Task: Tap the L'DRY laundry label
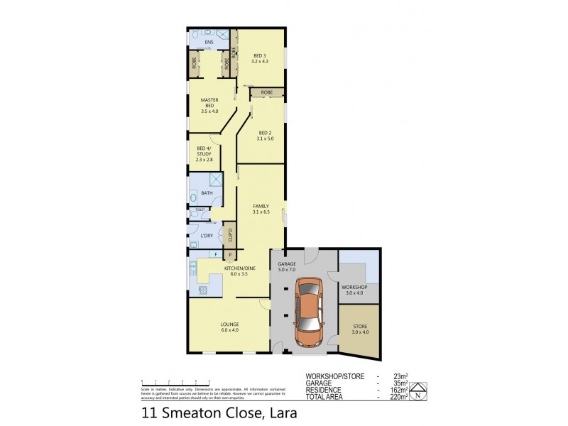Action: (207, 235)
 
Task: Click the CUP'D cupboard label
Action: (229, 234)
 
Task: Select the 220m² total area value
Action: (398, 397)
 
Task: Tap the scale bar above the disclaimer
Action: (169, 383)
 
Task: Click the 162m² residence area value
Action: (398, 390)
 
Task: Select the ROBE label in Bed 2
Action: (267, 93)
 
